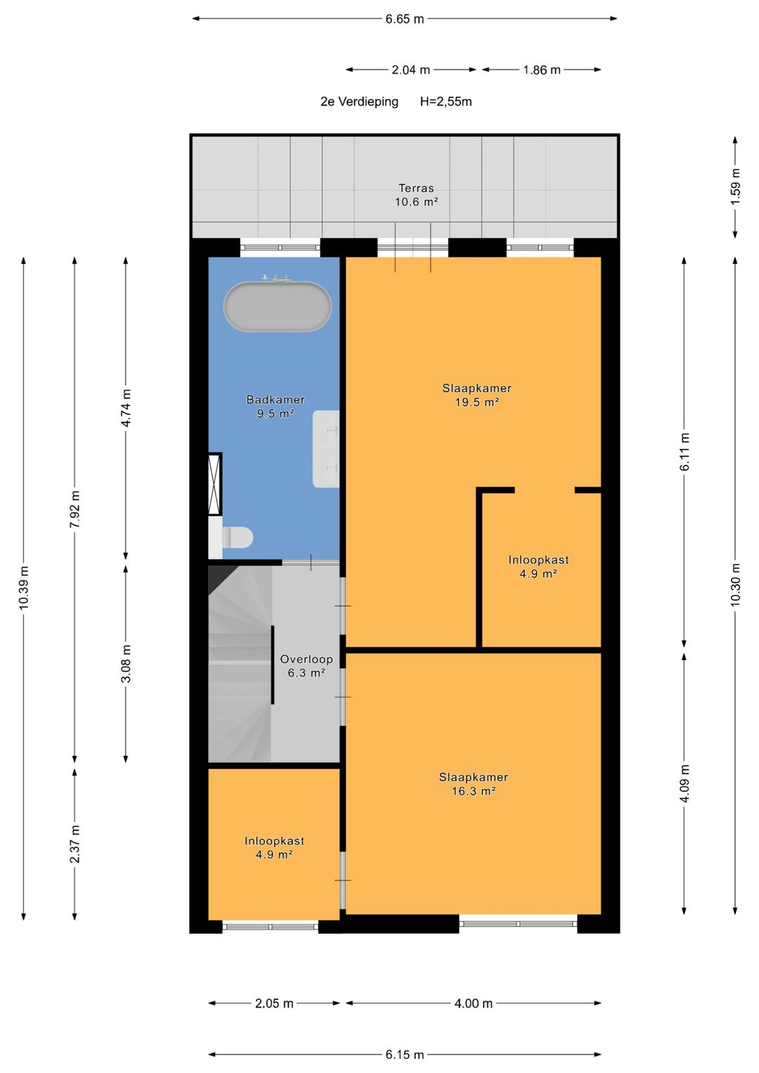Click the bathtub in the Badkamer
coord(278,306)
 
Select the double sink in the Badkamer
coord(326,449)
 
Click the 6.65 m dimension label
coord(405,19)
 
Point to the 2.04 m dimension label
coord(410,70)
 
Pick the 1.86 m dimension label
coord(541,70)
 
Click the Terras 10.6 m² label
coord(416,195)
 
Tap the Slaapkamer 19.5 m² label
coord(476,395)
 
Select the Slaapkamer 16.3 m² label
coord(474,783)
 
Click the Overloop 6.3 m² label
coord(306,666)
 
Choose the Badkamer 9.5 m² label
coord(275,406)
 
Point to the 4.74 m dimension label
coord(126,408)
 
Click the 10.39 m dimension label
coord(23,587)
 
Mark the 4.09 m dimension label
coord(685,783)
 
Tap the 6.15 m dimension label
coord(405,1055)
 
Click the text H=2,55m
coord(446,102)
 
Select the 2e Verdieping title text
coord(359,102)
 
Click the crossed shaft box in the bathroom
coord(214,484)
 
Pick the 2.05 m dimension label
coord(274,1003)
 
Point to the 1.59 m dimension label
coord(736,187)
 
